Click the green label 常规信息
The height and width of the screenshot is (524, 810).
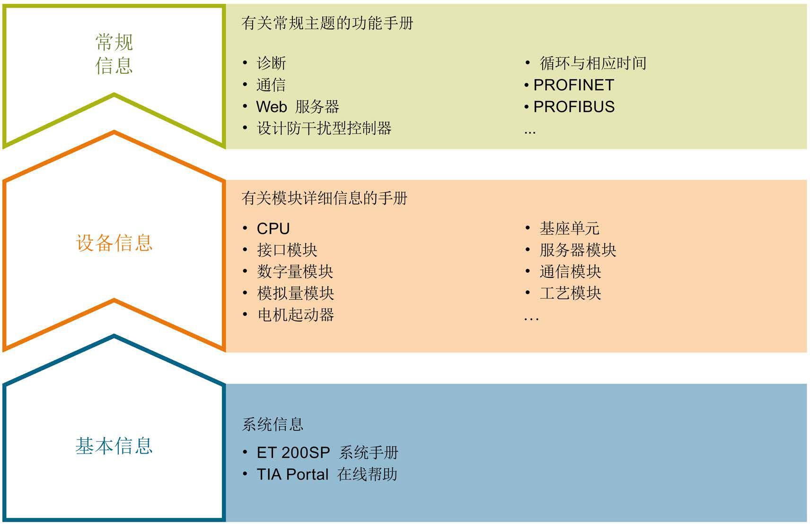[x=114, y=54]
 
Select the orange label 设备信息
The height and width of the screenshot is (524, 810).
[x=114, y=243]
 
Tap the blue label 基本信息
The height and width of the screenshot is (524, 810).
[x=114, y=446]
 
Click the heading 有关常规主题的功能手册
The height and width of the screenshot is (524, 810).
[x=327, y=23]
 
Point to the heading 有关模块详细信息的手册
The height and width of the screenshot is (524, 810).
[x=324, y=198]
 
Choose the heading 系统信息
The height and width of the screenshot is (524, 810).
[x=272, y=424]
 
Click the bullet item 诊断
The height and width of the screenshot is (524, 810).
[x=271, y=63]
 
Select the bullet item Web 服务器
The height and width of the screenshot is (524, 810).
[x=298, y=107]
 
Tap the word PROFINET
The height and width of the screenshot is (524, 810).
[x=573, y=85]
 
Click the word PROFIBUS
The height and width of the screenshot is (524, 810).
[x=574, y=107]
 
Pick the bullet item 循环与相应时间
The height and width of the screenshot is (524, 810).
[x=593, y=63]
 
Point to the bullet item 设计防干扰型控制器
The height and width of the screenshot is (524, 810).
[x=324, y=128]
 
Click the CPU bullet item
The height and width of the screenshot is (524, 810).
[x=273, y=229]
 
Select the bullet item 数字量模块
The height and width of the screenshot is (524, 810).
[x=295, y=272]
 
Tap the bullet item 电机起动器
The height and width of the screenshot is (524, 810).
[x=296, y=315]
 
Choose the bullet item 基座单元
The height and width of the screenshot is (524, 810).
[x=570, y=229]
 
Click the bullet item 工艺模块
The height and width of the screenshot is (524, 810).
[x=571, y=293]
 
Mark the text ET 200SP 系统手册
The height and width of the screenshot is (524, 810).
[x=327, y=453]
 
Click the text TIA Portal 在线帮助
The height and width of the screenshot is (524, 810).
[x=327, y=474]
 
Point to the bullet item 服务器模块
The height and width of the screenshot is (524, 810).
[x=578, y=250]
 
